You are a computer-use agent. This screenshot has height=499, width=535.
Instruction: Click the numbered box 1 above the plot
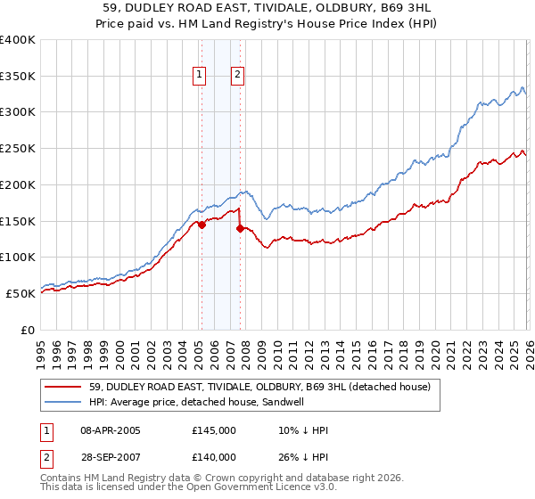[198, 76]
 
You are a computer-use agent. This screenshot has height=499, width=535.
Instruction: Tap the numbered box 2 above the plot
[238, 76]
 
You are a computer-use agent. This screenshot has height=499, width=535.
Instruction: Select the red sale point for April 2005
[202, 225]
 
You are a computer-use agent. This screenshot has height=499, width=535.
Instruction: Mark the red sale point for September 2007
[241, 228]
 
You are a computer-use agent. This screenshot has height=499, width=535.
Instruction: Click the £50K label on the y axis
[21, 293]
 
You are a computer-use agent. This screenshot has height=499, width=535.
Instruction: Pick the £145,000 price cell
[214, 430]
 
